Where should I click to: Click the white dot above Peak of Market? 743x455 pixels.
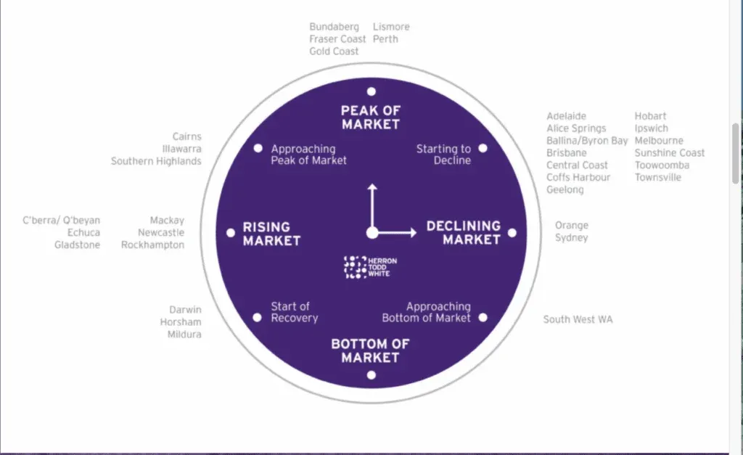click(x=371, y=91)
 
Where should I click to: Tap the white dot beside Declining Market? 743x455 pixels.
click(x=512, y=233)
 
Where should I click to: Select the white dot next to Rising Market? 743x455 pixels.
click(x=231, y=233)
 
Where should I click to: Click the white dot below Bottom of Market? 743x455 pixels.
click(x=371, y=375)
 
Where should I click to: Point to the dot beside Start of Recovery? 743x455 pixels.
click(x=258, y=318)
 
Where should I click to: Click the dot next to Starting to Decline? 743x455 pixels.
click(x=483, y=148)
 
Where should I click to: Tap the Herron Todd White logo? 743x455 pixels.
click(x=370, y=267)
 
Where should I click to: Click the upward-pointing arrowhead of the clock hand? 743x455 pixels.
click(x=372, y=187)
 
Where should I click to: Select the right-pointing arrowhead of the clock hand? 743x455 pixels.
click(x=413, y=233)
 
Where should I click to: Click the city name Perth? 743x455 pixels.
click(x=385, y=39)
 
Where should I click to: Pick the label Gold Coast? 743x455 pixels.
click(x=334, y=52)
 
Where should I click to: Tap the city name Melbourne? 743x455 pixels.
click(x=659, y=140)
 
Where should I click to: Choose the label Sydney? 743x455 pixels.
click(x=572, y=238)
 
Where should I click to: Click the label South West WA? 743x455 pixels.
click(x=578, y=319)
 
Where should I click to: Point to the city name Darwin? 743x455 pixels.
click(x=185, y=309)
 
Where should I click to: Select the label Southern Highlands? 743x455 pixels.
click(x=157, y=161)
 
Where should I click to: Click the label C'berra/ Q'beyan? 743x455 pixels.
click(x=62, y=221)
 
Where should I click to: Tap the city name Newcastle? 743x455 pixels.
click(x=161, y=233)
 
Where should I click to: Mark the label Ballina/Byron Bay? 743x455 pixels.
click(x=587, y=141)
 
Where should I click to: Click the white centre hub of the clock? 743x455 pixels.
click(x=372, y=233)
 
